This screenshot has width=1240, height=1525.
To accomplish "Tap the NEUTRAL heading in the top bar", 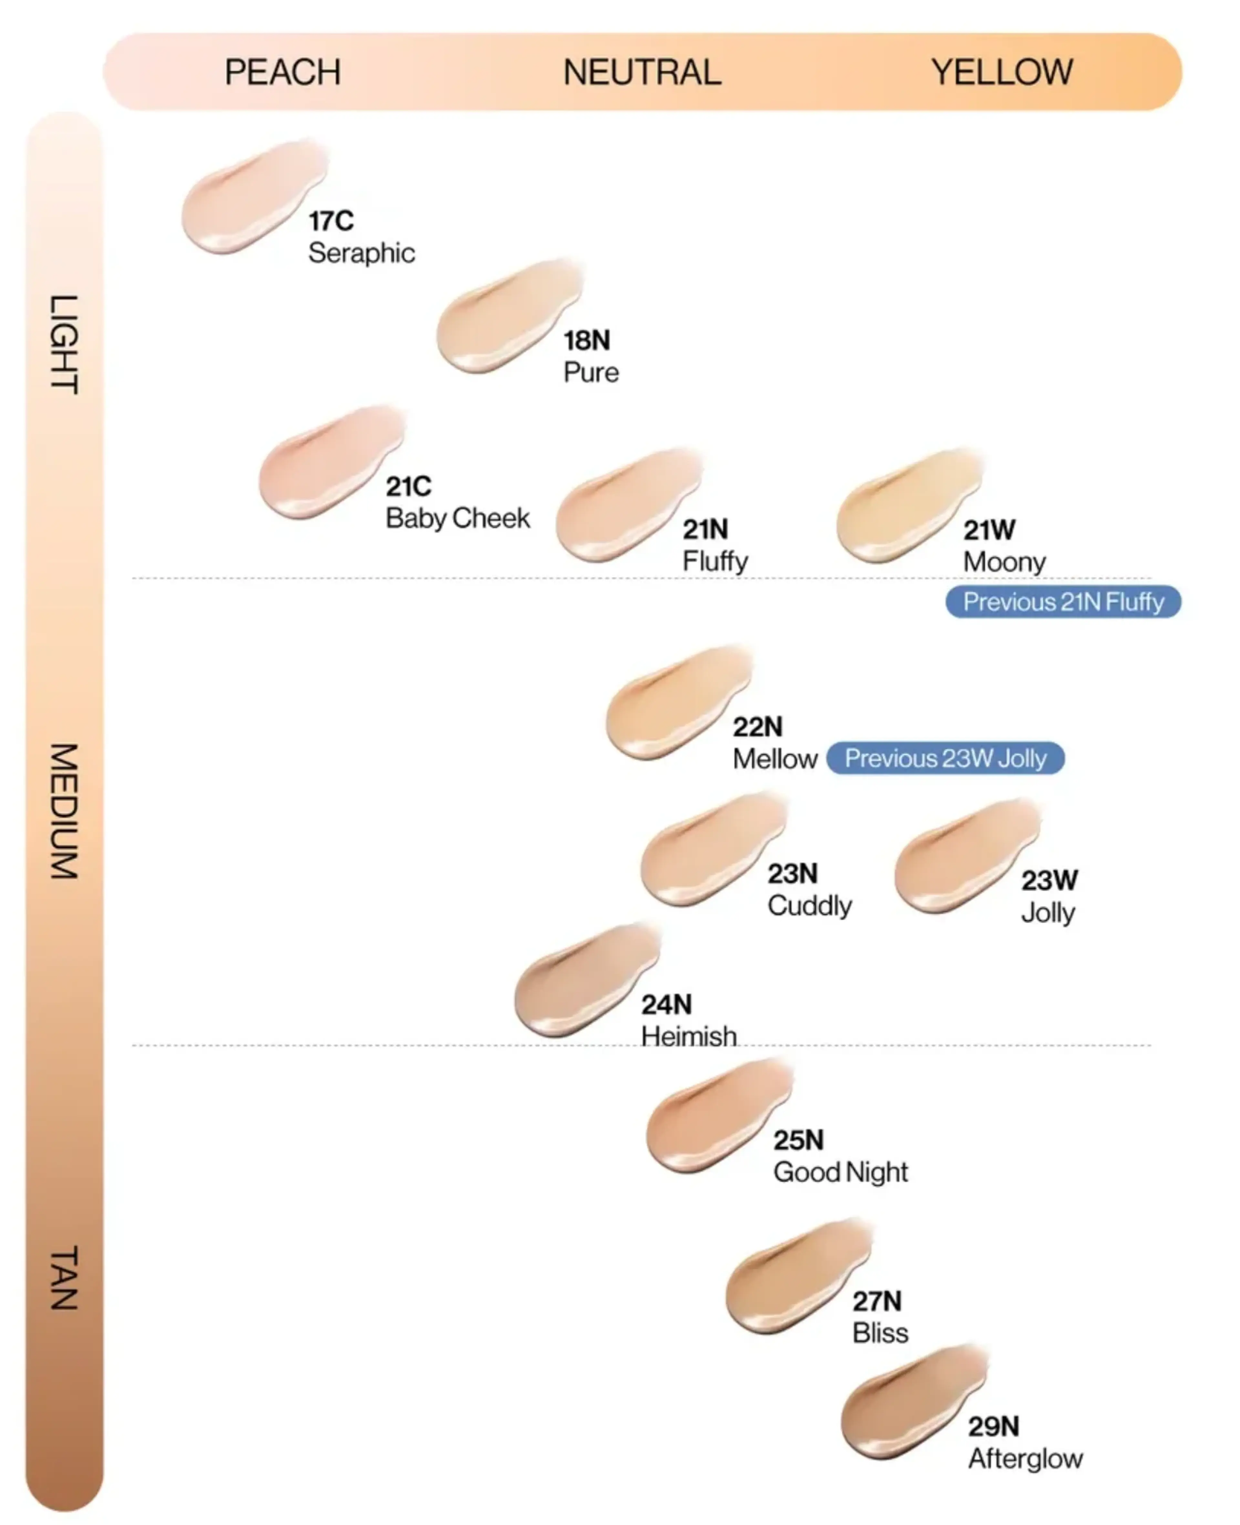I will tap(642, 72).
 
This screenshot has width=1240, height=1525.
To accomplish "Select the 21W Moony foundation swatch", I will tap(906, 507).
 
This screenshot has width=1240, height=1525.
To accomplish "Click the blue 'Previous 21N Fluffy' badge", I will tap(1063, 602).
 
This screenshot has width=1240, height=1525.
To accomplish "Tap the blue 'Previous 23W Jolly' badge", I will tap(945, 758).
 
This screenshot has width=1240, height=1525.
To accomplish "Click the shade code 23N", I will tap(792, 873).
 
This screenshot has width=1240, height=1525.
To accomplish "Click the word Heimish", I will tap(688, 1036).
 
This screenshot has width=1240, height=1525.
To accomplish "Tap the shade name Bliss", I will tap(880, 1333).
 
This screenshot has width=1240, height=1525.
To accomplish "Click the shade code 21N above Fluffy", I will tap(705, 529).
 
